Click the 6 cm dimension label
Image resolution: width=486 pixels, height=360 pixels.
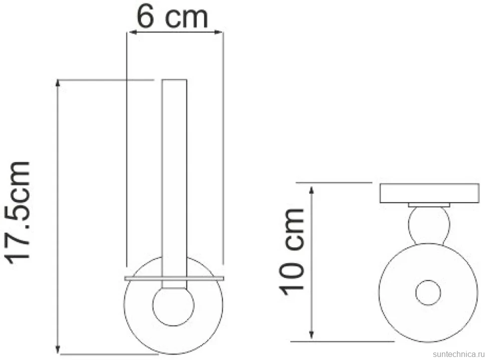(x=172, y=18)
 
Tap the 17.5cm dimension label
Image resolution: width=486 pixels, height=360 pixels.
(x=19, y=213)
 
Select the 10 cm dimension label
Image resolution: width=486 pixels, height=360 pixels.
(x=292, y=252)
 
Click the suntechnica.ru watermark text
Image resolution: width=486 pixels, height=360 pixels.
(x=458, y=354)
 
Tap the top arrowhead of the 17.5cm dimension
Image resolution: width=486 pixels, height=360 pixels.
(x=58, y=84)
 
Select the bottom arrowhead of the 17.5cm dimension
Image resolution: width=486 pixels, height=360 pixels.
(x=58, y=349)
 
